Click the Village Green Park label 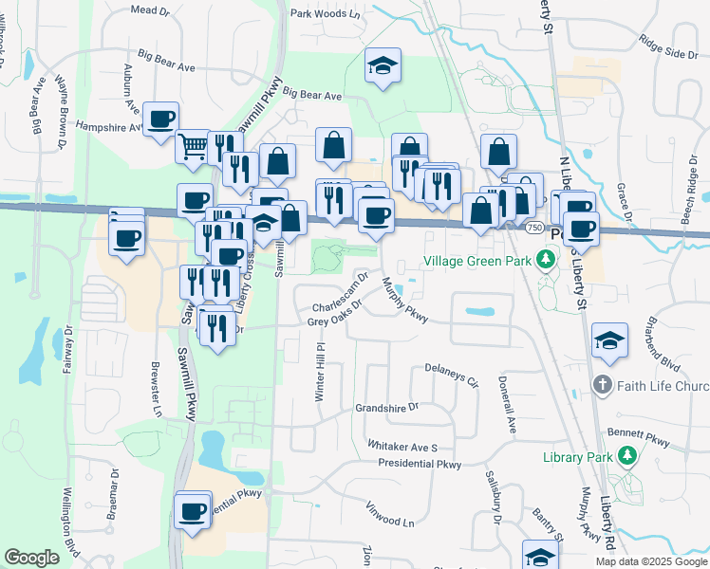coord(477,259)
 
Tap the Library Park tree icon coord(626,457)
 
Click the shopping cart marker coord(193,146)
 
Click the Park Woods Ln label coord(326,14)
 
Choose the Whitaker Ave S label coord(402,447)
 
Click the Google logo coord(31,558)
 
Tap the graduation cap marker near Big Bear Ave coord(383,65)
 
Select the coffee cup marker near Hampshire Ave coord(161,119)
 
